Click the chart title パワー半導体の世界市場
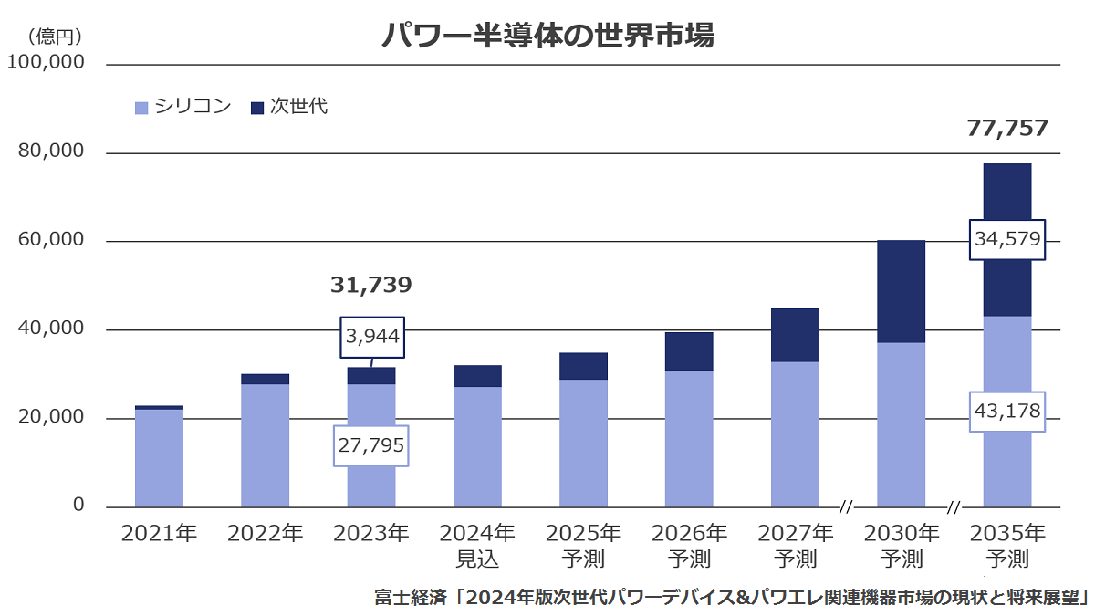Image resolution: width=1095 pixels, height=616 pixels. (x=547, y=36)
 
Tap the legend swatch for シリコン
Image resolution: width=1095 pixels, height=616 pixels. (x=141, y=108)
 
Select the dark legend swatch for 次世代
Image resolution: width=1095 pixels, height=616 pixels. (x=257, y=108)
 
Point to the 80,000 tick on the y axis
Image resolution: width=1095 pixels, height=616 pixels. (x=51, y=151)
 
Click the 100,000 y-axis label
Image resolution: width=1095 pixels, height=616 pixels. (x=46, y=62)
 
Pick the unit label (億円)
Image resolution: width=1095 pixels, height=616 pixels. (x=54, y=37)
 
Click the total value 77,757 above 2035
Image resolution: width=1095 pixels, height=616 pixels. (x=1007, y=128)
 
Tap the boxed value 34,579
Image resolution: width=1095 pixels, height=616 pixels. (x=1007, y=239)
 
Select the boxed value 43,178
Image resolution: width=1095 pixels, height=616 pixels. (x=1007, y=412)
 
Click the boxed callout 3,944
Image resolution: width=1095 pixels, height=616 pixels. (x=372, y=337)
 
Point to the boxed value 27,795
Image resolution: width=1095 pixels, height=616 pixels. (x=371, y=445)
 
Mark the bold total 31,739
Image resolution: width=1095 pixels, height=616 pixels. (x=371, y=285)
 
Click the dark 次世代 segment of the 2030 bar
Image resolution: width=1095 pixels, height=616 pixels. (x=901, y=291)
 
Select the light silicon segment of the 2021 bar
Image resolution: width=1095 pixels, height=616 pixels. (x=159, y=458)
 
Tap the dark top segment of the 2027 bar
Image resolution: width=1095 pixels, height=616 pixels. (x=795, y=336)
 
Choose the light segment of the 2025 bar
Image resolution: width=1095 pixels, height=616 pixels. (x=583, y=444)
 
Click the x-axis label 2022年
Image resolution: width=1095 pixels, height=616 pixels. (x=265, y=533)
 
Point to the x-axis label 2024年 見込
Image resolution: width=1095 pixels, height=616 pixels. (x=477, y=546)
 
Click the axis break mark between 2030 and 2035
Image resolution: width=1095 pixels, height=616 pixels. (x=954, y=507)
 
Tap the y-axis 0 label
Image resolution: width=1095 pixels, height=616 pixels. (x=78, y=505)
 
